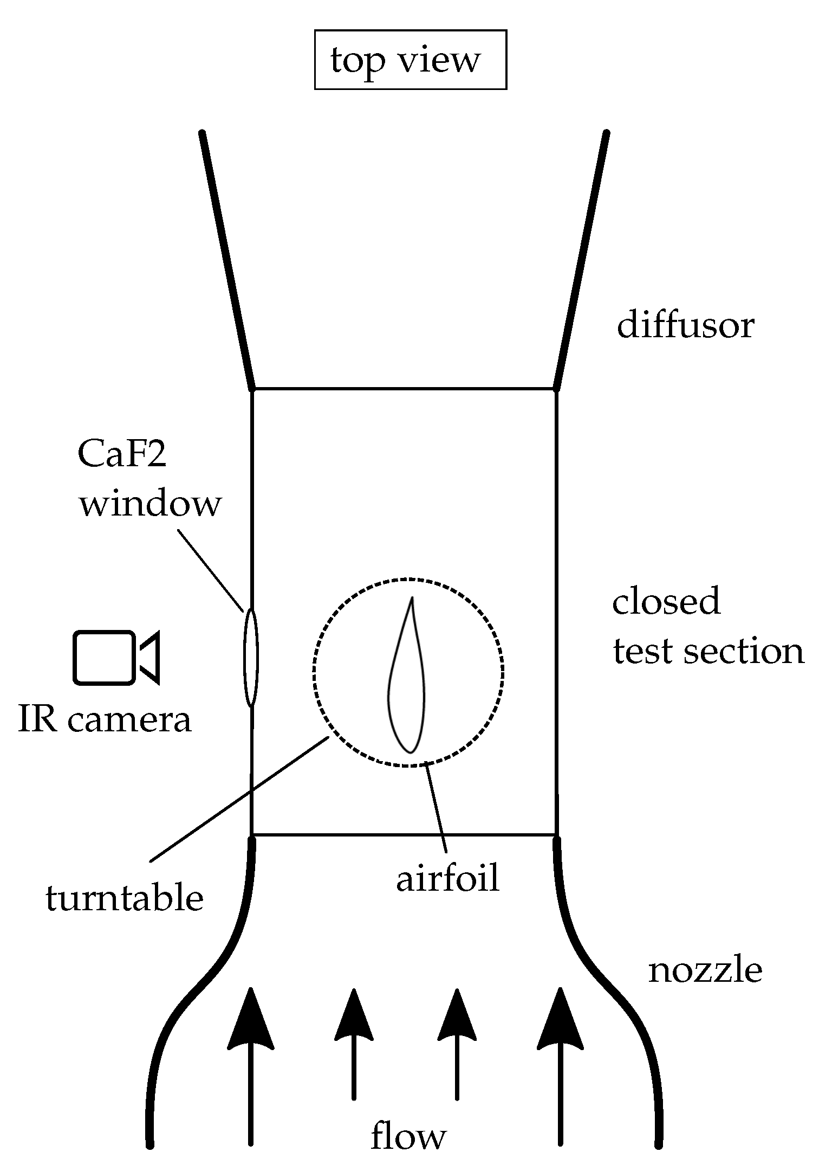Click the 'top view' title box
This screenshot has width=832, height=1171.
coord(410,60)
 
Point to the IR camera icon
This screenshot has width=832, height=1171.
coord(116,657)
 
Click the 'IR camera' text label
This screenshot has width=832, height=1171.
coord(105,720)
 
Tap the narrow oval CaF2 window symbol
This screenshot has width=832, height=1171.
coord(251,657)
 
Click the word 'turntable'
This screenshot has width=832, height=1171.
coord(124,898)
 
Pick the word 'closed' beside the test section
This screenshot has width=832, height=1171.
coord(666,601)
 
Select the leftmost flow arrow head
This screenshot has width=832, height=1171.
coord(250,1022)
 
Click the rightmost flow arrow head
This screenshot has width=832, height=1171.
coord(560,1022)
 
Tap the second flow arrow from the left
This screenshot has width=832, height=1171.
coord(354,1046)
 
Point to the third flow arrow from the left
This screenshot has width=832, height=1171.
coord(457,1046)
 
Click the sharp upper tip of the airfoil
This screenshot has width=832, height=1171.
coord(413,599)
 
